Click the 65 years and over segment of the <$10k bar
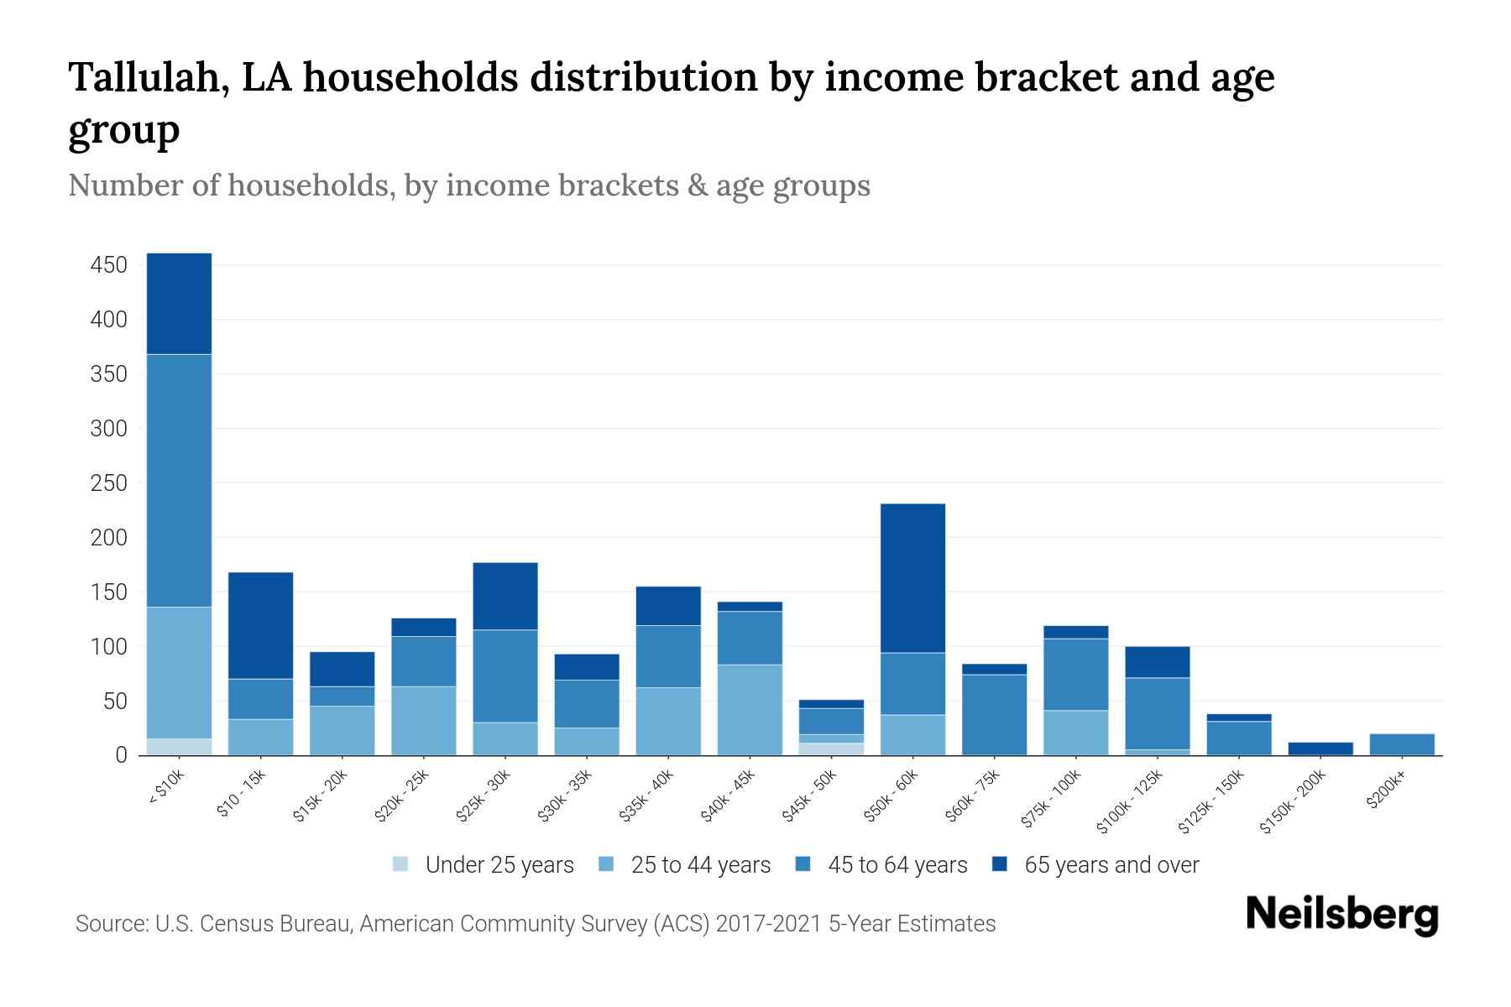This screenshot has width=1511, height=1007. click(x=179, y=303)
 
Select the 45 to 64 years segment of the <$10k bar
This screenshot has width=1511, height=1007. click(x=179, y=480)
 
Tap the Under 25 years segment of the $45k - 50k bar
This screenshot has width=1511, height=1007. click(x=831, y=749)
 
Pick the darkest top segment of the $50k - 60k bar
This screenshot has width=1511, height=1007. click(x=912, y=578)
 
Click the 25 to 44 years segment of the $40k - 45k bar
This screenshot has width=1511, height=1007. click(x=750, y=710)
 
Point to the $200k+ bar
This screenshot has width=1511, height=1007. click(x=1401, y=744)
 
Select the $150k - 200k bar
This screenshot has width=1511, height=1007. click(x=1320, y=749)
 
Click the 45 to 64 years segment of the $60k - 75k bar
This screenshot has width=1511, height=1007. click(x=994, y=714)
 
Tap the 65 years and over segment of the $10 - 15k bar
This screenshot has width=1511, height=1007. click(x=260, y=625)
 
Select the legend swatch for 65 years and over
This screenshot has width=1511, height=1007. click(x=1001, y=864)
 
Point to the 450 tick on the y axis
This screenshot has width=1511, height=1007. click(x=108, y=266)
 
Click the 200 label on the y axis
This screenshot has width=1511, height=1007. click(x=108, y=538)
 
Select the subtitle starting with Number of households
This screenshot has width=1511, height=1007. click(x=468, y=185)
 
